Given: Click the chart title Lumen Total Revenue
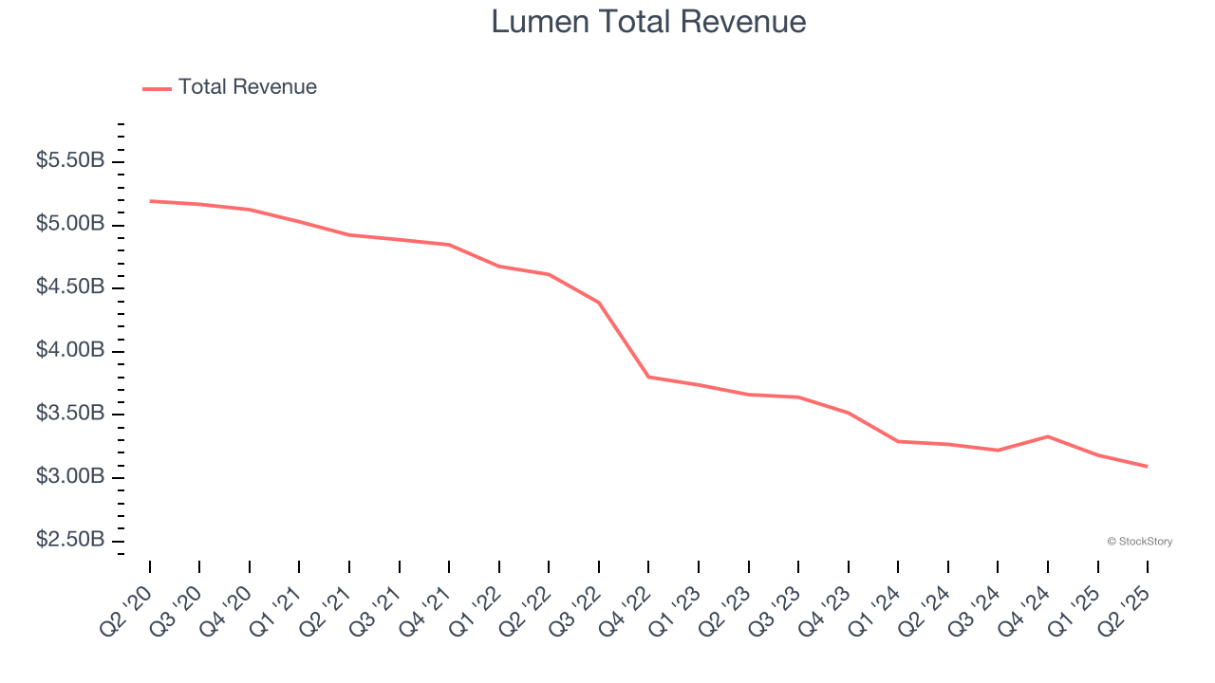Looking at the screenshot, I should (648, 22).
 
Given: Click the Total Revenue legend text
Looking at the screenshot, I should (247, 87).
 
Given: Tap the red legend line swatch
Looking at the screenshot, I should (157, 88).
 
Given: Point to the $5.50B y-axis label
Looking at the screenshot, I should (70, 161).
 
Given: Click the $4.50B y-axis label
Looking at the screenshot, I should (70, 287).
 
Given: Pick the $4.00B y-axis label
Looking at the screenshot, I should (70, 351).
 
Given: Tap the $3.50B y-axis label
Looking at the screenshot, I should (70, 414).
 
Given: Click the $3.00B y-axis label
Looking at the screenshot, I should (70, 476).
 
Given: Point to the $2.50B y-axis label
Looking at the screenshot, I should (70, 540).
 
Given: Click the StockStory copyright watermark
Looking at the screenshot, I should (1139, 542).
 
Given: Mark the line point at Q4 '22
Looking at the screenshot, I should (648, 377).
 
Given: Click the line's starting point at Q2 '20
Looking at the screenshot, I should (150, 201).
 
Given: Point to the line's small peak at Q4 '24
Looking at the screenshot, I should (1048, 436).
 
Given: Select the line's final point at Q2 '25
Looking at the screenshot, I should (1148, 466).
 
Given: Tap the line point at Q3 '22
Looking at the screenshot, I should (599, 303).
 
